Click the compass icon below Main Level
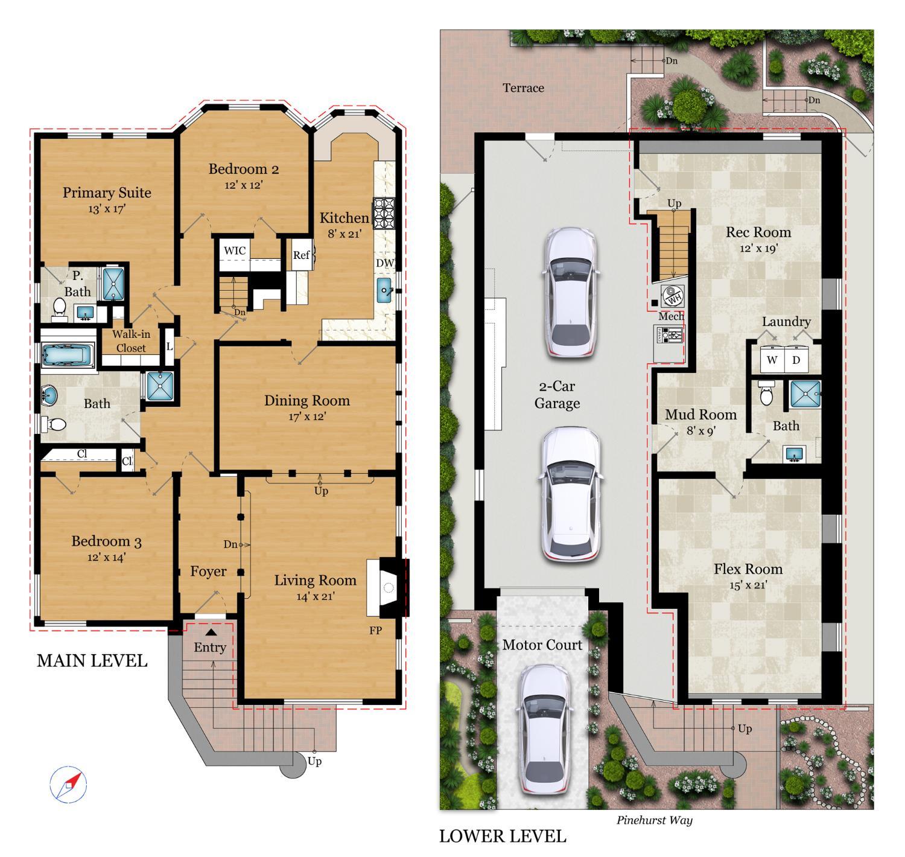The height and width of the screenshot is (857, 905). [x=68, y=785]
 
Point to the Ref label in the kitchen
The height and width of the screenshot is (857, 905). [x=301, y=255]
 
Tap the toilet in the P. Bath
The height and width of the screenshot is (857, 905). [x=60, y=307]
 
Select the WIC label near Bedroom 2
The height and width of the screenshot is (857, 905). [x=235, y=250]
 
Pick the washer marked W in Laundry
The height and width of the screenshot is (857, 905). [x=772, y=360]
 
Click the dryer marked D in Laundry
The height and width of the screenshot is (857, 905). [x=796, y=360]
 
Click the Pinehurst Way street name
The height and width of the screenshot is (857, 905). [x=654, y=820]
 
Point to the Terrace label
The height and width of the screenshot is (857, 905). [x=523, y=88]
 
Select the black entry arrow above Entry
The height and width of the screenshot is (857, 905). [x=211, y=632]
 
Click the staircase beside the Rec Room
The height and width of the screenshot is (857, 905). [x=673, y=247]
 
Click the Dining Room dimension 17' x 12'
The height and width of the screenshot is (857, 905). [x=307, y=416]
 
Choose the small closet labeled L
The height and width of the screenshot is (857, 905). [x=170, y=346]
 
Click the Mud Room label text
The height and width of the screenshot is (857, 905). [x=700, y=415]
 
